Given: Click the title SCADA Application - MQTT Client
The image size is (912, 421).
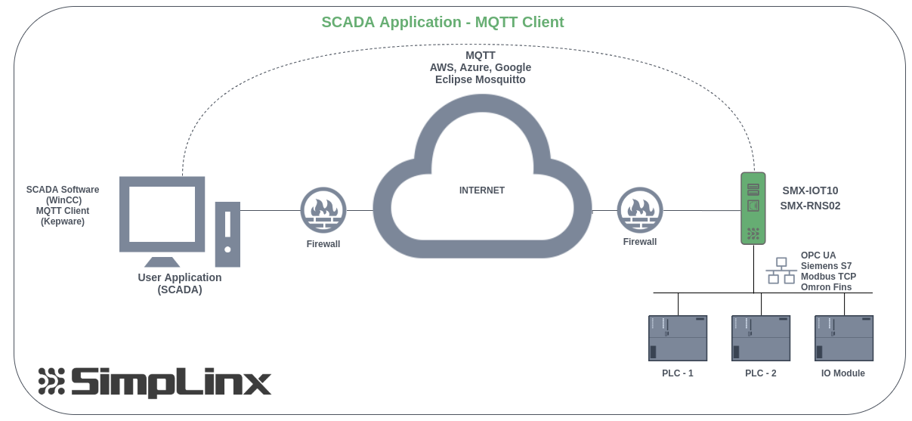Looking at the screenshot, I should coord(443,22).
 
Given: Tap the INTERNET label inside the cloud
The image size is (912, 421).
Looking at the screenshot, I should coord(481,190).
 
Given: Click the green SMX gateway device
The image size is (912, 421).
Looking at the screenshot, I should coord(753,208).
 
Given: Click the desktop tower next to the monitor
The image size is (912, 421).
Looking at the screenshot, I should coord(227,234).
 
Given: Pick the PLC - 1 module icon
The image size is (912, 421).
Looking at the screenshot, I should coord(678,337).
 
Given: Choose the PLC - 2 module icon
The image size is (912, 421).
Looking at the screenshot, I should coord(760,337).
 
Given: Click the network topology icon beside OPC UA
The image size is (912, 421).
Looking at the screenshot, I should coord(781,271).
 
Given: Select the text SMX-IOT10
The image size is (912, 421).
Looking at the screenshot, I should coord(809,190).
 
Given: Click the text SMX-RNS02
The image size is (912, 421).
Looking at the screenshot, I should coord(810,205).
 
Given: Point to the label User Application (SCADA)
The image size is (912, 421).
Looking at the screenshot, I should coord(180,283).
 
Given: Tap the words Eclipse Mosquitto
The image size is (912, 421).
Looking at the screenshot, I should coord(480,79).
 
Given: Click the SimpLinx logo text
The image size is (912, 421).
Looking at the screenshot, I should coord(170,382).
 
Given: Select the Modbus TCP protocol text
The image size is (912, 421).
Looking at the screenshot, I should coord(828,277).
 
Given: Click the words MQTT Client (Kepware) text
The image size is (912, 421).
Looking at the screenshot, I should coord(63,216).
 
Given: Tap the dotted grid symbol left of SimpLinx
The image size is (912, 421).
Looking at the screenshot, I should coord(51,382).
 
